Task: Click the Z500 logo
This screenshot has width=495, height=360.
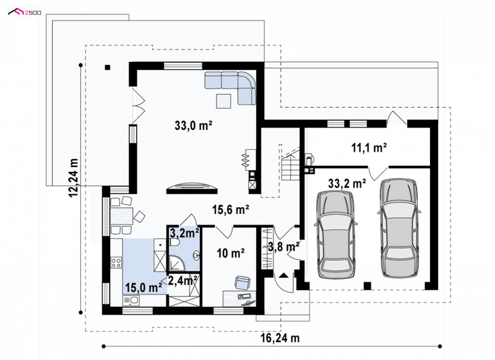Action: (x=24, y=12)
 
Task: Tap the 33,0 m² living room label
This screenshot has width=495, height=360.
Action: (x=193, y=126)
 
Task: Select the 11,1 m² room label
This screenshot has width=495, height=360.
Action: (x=369, y=147)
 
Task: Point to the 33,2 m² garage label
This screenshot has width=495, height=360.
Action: (x=347, y=183)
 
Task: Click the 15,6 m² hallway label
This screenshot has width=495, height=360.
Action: (x=230, y=209)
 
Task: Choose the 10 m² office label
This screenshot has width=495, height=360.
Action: (x=230, y=253)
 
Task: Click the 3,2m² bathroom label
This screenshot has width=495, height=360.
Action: (x=184, y=233)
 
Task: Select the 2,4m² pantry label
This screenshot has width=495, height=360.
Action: (x=183, y=280)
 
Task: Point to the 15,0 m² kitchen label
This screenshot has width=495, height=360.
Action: (x=144, y=288)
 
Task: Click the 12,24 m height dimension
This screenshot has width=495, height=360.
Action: (x=74, y=178)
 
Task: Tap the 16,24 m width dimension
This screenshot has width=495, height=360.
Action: (x=280, y=338)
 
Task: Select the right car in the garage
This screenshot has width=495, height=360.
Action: (x=399, y=228)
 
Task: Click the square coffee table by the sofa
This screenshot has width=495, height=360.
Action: (x=224, y=101)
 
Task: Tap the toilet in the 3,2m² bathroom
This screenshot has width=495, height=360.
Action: (x=174, y=242)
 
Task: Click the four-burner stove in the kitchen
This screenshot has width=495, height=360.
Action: (x=116, y=262)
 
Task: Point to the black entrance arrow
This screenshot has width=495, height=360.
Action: (x=283, y=275)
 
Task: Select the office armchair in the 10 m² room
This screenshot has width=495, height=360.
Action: (x=243, y=283)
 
